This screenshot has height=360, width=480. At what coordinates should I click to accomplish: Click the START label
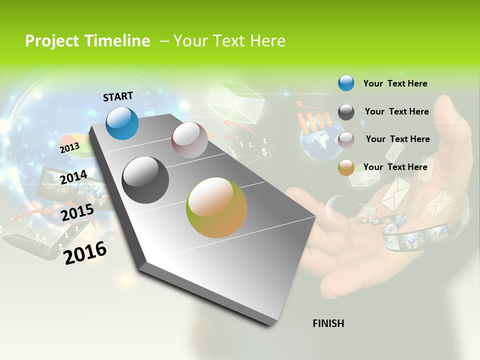click(x=118, y=96)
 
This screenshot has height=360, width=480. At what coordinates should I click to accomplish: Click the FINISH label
click(x=328, y=323)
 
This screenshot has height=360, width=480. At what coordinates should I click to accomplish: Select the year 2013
click(x=69, y=147)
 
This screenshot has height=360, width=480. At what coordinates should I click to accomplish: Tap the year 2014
click(x=73, y=177)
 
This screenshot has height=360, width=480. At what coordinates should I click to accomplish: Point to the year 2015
click(x=77, y=212)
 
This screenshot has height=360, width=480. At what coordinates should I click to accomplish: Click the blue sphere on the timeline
click(x=122, y=123)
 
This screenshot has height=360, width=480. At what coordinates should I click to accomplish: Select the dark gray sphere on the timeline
click(x=145, y=180)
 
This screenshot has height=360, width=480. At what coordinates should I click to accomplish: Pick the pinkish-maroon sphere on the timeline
click(x=189, y=140)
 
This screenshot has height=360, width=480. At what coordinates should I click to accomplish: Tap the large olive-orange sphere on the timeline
click(x=216, y=207)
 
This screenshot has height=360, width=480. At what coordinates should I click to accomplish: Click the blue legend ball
click(x=346, y=83)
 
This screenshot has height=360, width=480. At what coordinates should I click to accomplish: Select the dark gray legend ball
click(x=346, y=112)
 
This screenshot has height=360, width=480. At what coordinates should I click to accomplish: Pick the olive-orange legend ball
click(x=346, y=167)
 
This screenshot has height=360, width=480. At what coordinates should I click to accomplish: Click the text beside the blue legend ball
click(x=395, y=83)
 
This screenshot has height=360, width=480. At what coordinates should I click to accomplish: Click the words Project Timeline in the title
click(x=87, y=41)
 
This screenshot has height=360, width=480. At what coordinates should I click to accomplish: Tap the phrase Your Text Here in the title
click(x=229, y=41)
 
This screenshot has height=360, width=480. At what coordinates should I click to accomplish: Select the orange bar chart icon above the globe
click(x=315, y=120)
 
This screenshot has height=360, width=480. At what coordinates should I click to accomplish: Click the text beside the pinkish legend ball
click(x=397, y=139)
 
